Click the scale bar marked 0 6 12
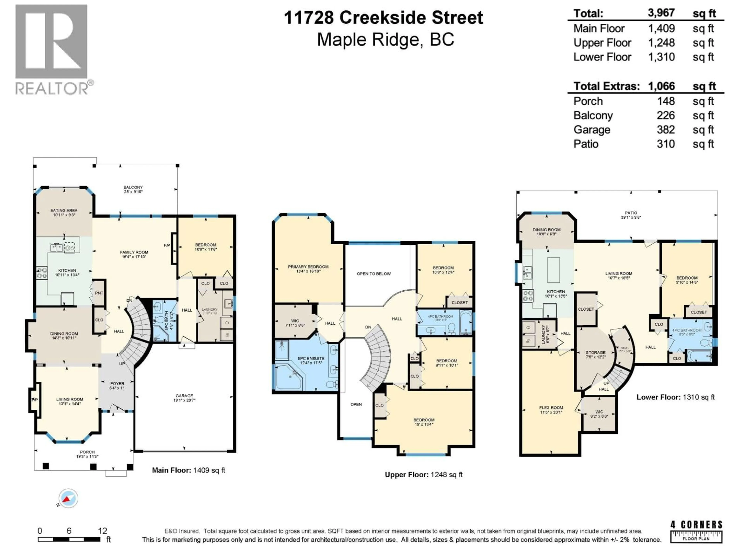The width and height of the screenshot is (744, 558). tap(69, 539)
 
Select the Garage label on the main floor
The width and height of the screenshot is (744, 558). tap(184, 398)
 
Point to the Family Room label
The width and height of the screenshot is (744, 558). tap(134, 254)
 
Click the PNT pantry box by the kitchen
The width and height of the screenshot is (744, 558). tap(99, 293)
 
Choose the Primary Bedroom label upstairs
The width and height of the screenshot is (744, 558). tap(308, 269)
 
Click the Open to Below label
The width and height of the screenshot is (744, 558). tap(374, 274)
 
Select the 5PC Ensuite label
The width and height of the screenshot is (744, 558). tap(311, 361)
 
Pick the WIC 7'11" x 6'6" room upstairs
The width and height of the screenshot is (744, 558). tap(295, 323)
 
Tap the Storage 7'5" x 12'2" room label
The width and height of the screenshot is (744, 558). tap(595, 355)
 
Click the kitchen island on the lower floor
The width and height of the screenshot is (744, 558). tap(553, 270)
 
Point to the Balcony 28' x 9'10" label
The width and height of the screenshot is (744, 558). tap(133, 189)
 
